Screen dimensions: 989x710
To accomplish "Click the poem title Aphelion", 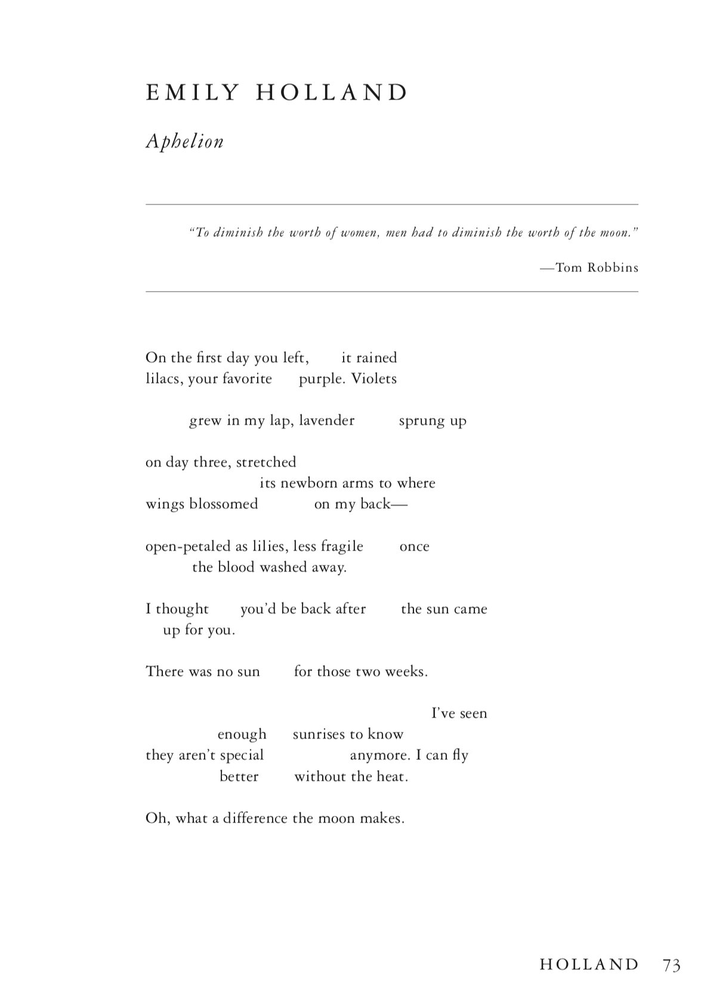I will (185, 142).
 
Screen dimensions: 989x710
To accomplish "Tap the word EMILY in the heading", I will (192, 93).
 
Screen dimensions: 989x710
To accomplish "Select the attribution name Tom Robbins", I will (597, 268).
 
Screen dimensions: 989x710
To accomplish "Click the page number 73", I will (671, 965).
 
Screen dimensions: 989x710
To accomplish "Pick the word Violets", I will (373, 379).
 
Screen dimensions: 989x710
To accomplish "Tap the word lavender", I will (327, 421).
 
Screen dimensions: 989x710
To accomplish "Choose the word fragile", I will (342, 546).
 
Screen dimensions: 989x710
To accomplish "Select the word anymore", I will (379, 755).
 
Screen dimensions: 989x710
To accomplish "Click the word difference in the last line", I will (255, 818).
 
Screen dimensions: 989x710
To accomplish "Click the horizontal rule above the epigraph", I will (391, 205).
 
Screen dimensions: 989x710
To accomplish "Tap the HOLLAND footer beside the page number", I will (589, 965).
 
